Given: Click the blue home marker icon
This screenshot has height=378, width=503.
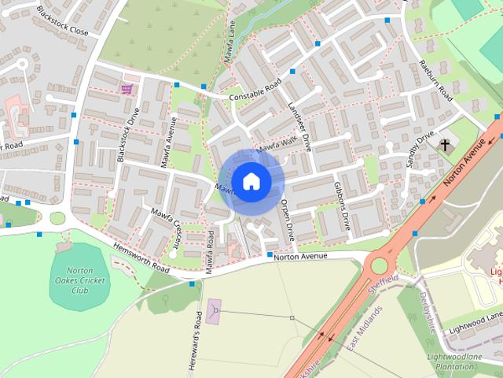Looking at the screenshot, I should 251,181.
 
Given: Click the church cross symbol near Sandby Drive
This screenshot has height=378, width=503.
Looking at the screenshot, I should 445,145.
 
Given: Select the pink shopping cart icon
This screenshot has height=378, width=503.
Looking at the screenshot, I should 127,89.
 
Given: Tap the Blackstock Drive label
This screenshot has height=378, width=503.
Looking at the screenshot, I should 127,140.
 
